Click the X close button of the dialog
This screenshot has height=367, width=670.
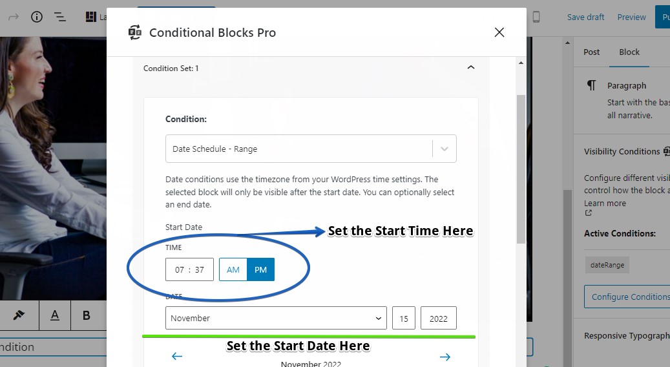[499, 32]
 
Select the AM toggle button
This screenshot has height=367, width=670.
[233, 269]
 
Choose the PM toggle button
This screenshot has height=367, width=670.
[260, 269]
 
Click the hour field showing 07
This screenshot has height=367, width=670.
[180, 270]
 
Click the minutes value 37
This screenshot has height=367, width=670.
[200, 270]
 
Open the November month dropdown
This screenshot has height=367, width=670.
[276, 318]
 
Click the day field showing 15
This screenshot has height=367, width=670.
[404, 318]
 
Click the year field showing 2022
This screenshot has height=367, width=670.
[439, 318]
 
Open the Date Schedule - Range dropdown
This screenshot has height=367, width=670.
[311, 149]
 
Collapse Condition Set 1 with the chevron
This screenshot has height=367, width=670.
[471, 67]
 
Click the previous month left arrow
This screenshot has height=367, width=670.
[177, 356]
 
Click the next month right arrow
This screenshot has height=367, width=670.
[445, 356]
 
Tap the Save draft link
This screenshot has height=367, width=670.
[585, 17]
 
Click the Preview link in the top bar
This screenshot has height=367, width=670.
[631, 17]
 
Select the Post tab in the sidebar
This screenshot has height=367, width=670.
[592, 52]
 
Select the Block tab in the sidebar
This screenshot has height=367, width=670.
[629, 52]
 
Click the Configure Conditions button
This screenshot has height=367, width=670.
[627, 297]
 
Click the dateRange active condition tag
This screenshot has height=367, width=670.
[607, 264]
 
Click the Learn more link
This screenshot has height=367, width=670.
[605, 204]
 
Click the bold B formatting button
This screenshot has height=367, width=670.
[86, 315]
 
